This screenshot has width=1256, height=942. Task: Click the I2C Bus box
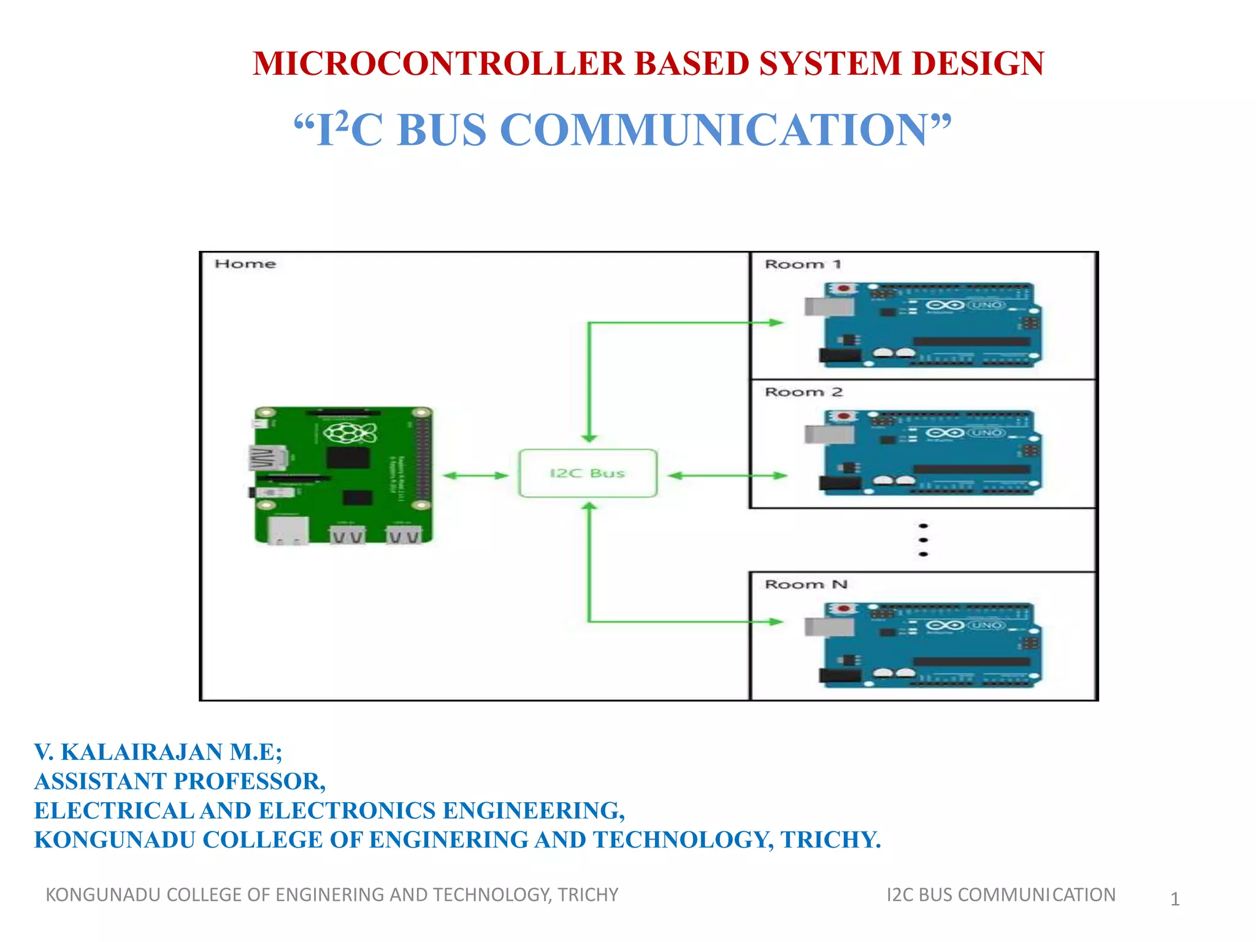coord(588,473)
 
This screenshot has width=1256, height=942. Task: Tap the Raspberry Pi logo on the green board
coord(350,433)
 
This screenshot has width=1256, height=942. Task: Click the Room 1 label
coord(802,264)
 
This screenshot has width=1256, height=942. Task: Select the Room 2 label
coord(803,392)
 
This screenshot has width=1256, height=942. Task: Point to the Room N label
coord(806,584)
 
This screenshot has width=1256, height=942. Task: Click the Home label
coord(245,264)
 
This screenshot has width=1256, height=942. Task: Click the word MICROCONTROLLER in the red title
coord(439,64)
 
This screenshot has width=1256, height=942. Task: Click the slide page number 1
coord(1174,899)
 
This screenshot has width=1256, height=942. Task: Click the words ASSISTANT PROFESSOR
coord(178,781)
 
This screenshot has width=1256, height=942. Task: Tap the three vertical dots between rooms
coord(923,540)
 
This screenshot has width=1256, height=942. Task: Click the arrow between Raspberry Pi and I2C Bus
coord(475,475)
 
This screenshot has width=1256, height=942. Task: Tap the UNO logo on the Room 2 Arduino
coord(986,433)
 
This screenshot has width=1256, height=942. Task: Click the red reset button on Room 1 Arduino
coord(844,288)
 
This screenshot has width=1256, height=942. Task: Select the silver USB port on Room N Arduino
coord(829,627)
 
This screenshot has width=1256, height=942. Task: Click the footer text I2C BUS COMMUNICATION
coord(1000,895)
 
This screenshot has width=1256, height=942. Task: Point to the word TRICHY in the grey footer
coord(588,895)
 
